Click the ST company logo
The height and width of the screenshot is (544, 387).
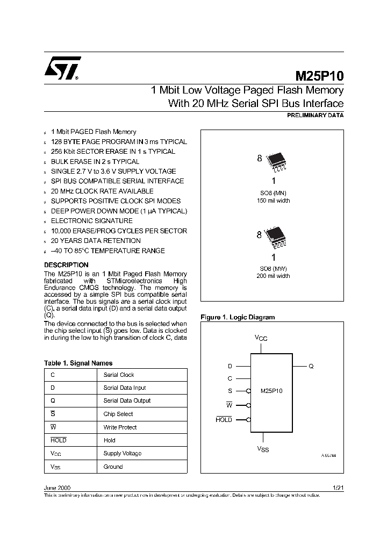pyautogui.click(x=62, y=68)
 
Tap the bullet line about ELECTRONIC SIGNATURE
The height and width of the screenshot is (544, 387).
pyautogui.click(x=91, y=221)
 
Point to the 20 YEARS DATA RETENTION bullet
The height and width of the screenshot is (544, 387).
pyautogui.click(x=95, y=241)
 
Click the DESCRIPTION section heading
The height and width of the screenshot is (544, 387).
pyautogui.click(x=66, y=265)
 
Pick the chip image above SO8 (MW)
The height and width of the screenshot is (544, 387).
pyautogui.click(x=274, y=234)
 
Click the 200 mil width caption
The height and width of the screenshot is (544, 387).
pyautogui.click(x=273, y=276)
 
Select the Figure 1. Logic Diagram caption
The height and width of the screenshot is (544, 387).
pyautogui.click(x=237, y=317)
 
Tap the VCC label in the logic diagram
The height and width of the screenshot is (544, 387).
pyautogui.click(x=261, y=338)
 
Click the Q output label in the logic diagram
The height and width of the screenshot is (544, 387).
pyautogui.click(x=311, y=366)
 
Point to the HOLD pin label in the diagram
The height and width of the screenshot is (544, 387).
pyautogui.click(x=224, y=420)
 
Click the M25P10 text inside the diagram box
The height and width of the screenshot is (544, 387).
pyautogui.click(x=271, y=391)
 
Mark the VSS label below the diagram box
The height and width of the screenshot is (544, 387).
pyautogui.click(x=262, y=449)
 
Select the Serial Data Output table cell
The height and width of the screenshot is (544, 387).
pyautogui.click(x=127, y=400)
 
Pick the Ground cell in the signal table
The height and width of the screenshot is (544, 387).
pyautogui.click(x=113, y=467)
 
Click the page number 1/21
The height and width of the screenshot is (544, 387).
pyautogui.click(x=338, y=487)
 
